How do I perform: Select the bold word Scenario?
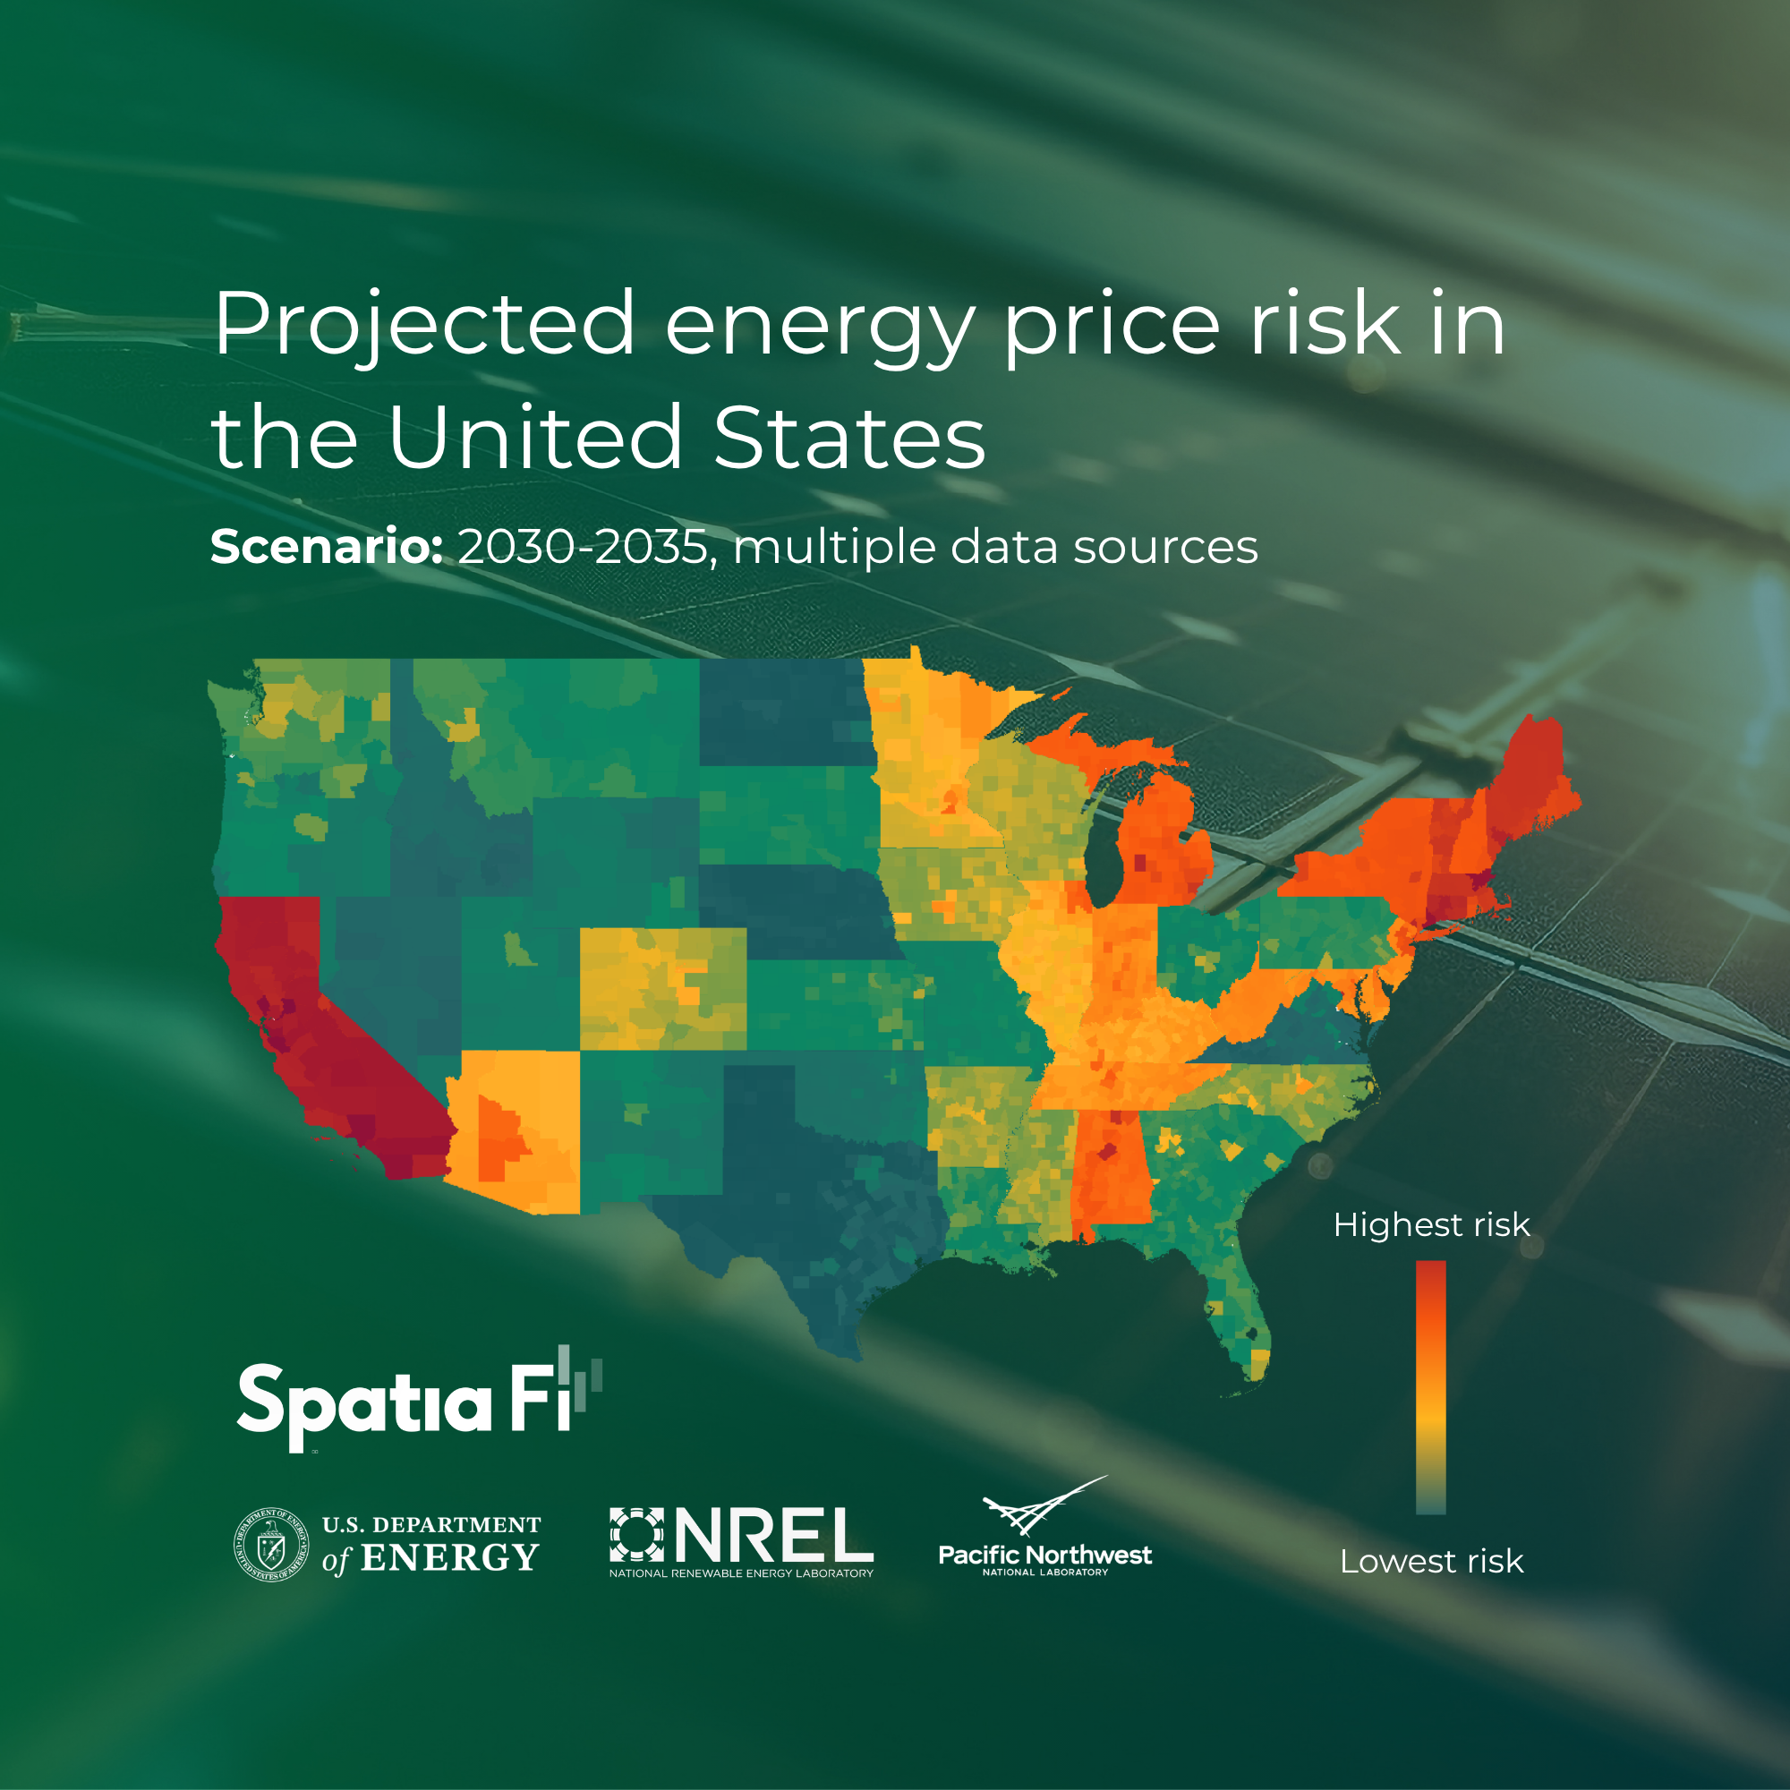coord(326,547)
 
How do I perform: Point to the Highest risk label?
coord(1430,1225)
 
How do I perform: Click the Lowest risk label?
coord(1430,1561)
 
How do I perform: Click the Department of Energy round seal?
coord(270,1545)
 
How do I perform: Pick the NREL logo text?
coord(773,1535)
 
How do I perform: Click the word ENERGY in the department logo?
coord(449,1559)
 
